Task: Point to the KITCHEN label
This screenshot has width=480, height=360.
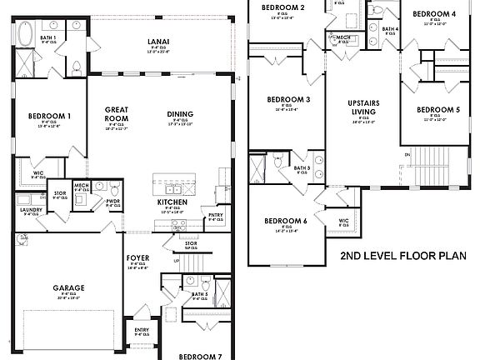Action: [x=172, y=202]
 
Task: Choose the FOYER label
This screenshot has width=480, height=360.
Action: [x=137, y=257]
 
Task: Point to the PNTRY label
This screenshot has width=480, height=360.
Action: [x=215, y=214]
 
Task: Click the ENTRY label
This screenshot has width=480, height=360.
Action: [x=142, y=329]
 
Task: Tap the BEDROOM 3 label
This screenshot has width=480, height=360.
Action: [x=288, y=100]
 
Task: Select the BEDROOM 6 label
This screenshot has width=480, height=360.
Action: [x=286, y=220]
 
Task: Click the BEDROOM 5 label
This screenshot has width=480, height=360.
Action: [x=437, y=110]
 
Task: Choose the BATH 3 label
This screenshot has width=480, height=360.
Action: [x=302, y=168]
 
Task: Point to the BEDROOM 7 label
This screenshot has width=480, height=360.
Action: [x=200, y=356]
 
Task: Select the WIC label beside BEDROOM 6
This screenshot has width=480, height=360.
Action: [x=343, y=221]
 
